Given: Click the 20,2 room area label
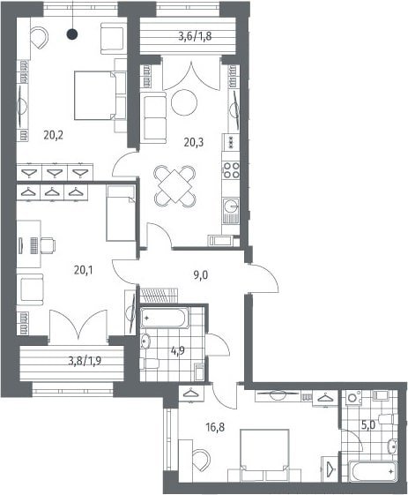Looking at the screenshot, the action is click(x=54, y=136).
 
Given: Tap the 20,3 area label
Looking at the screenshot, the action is click(x=194, y=143).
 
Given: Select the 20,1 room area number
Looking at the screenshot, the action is click(x=83, y=270).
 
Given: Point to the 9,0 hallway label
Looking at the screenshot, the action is click(x=201, y=275).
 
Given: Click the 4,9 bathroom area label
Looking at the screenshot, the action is click(x=178, y=351).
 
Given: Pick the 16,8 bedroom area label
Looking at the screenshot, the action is click(x=215, y=428).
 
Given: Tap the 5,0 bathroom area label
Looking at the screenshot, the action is click(x=368, y=425).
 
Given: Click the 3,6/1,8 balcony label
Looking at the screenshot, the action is click(x=195, y=37).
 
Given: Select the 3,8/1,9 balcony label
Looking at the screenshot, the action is click(x=85, y=360).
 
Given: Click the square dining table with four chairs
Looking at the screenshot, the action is click(x=174, y=186).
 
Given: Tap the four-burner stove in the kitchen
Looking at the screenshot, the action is click(x=231, y=170).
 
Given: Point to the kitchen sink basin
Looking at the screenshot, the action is click(x=231, y=206).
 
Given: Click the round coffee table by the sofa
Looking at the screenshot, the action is click(x=184, y=102).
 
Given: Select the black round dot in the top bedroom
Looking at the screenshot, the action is click(x=72, y=34).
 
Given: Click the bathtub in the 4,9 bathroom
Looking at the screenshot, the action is click(x=165, y=318).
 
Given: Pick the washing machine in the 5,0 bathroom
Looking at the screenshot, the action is click(x=353, y=398).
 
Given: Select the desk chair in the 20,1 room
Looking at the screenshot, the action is click(x=48, y=245).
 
